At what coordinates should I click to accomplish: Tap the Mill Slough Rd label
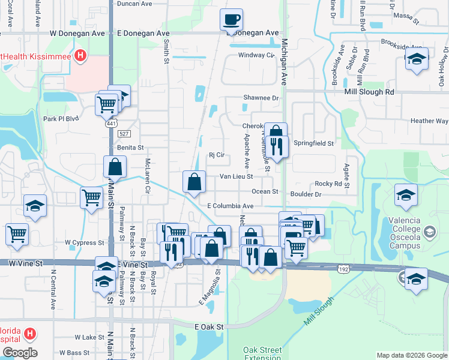tap(369, 92)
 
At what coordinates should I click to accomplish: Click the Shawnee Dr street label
tap(261, 98)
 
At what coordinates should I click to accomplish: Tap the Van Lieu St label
tap(236, 176)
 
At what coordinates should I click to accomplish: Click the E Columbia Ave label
tap(231, 206)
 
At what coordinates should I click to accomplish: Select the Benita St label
tap(130, 147)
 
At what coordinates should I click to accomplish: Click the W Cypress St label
tap(85, 243)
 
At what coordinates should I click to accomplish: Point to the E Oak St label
tap(209, 326)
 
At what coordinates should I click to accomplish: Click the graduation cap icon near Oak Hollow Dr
tap(417, 60)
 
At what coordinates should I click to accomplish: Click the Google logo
tap(19, 353)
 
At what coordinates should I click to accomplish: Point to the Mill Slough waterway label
tap(318, 313)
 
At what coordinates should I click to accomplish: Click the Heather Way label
tap(429, 121)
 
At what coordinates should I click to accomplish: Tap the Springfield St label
tap(314, 143)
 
